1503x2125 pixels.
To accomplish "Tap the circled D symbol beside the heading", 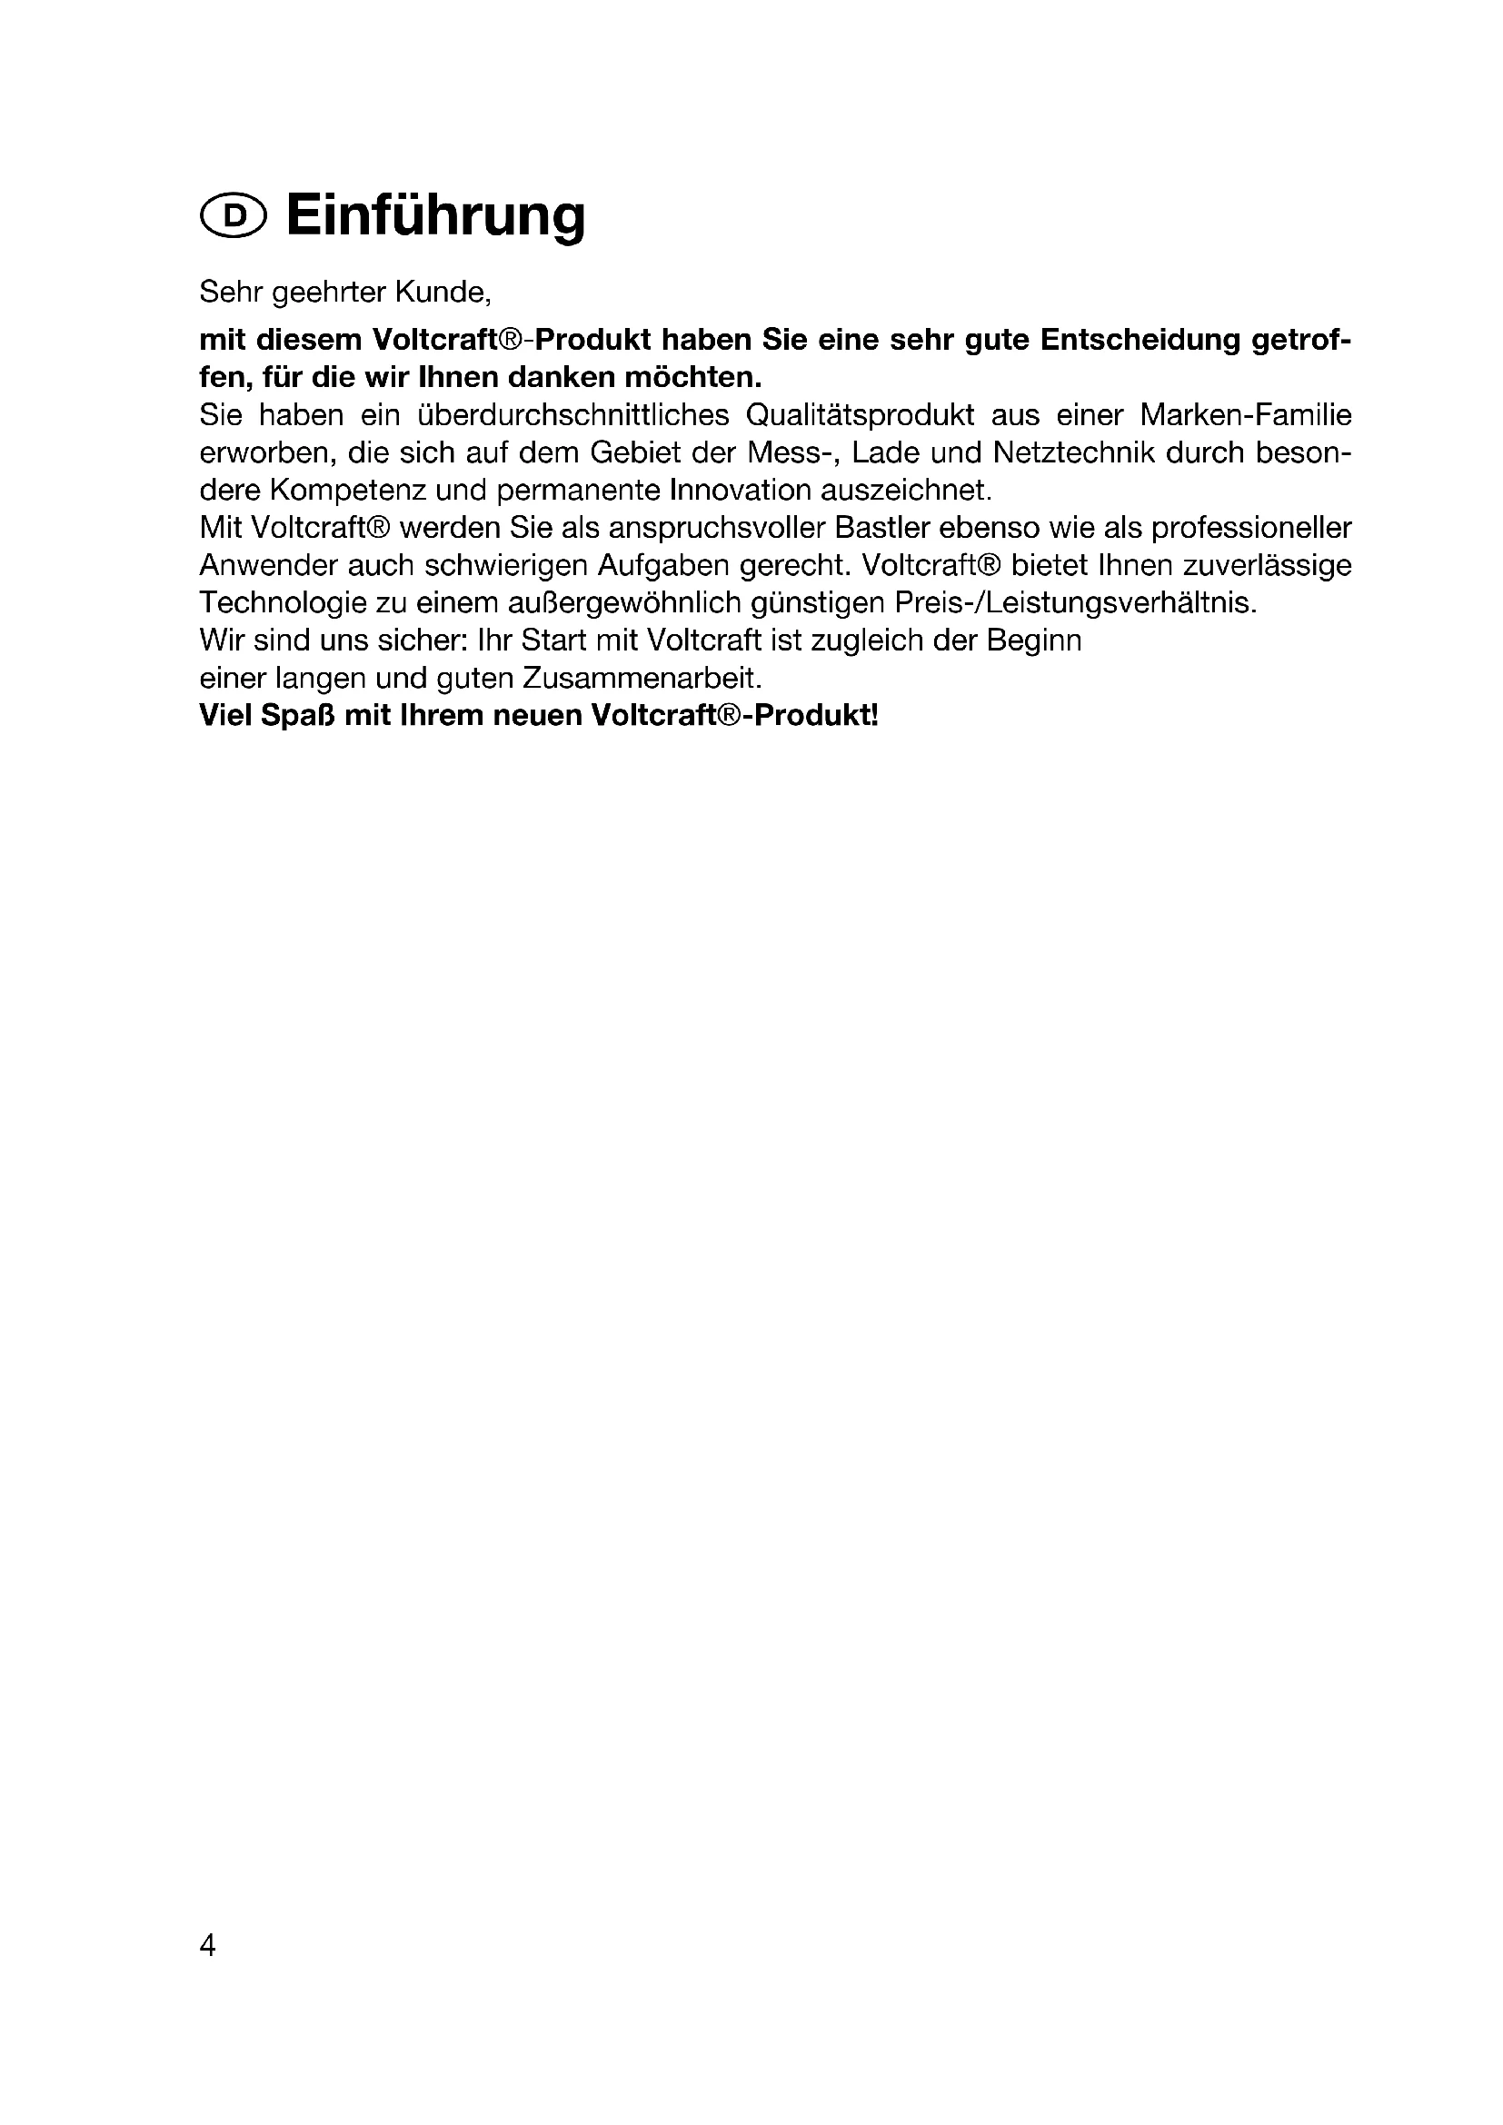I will click(233, 216).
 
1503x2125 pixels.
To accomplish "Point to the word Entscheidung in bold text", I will click(1140, 340).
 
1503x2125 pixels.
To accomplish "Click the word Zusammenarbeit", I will click(642, 679).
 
